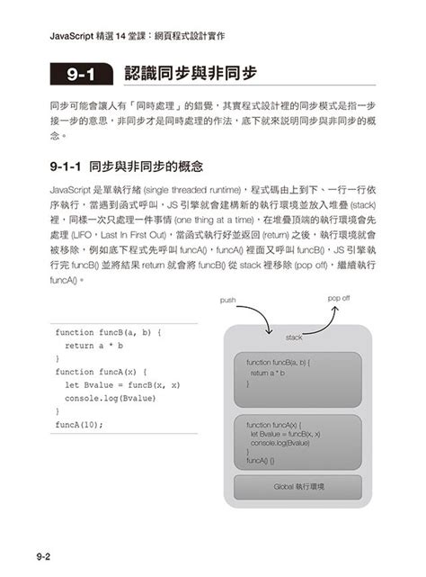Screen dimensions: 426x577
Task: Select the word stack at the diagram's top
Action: pos(294,337)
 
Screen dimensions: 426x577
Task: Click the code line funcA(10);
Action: pos(79,424)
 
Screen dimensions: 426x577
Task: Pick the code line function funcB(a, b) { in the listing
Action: pos(108,332)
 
